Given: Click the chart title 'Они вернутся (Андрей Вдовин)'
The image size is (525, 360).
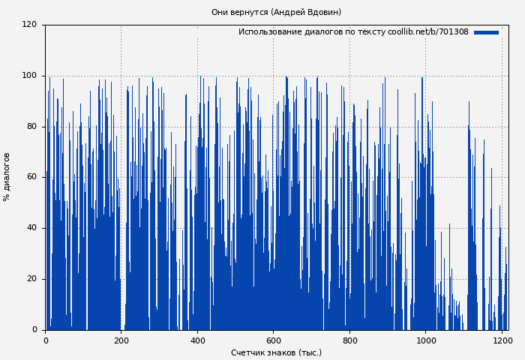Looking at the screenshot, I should coord(276,12).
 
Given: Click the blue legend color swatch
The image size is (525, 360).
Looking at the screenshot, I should coord(486,32).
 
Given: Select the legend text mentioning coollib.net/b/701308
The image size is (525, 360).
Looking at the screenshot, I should coord(353,32).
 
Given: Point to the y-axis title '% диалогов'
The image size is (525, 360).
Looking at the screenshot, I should coord(7,177).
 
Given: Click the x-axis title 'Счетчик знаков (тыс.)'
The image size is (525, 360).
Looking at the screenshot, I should coord(276,352).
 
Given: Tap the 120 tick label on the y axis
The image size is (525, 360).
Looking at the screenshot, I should coord(29,25).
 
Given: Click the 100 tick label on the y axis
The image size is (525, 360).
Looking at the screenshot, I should coord(29,76).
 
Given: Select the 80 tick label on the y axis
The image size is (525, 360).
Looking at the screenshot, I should coord(31,127).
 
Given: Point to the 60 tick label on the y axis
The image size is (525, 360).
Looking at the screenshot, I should coord(31,177).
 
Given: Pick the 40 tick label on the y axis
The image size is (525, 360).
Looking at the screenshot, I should coord(31,228).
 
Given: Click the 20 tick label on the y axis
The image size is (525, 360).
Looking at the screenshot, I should coord(31,279).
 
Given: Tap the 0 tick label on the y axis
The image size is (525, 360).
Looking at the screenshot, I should coord(34,330).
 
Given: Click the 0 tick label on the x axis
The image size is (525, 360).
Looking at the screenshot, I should coord(46,340).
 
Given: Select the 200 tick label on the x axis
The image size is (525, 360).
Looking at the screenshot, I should coord(121,340).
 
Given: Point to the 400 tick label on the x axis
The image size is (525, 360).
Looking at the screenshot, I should coord(197,340).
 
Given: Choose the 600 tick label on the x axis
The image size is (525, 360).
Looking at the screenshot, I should coord(273,340).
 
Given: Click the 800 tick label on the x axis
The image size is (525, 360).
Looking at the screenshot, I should coord(349,340).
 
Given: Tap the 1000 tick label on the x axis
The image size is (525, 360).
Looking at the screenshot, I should coord(425,340).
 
